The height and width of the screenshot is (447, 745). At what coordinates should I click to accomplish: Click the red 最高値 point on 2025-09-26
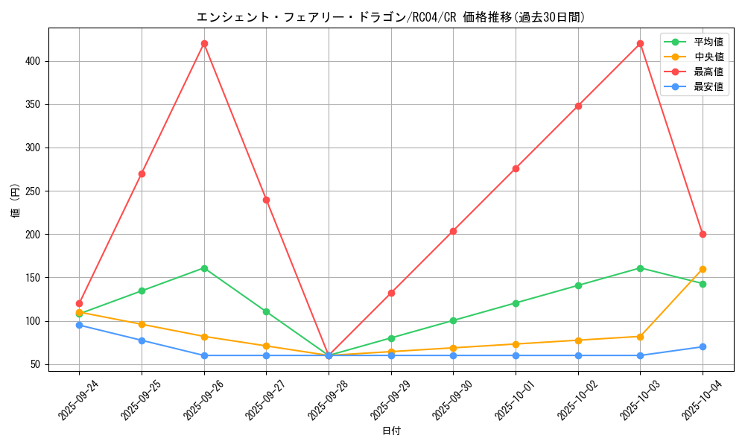204,43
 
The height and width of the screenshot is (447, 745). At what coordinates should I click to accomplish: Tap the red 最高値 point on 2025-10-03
640,43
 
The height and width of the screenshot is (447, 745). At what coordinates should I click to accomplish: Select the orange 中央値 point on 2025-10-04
703,269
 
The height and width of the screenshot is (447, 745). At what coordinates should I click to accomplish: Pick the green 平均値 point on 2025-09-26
204,268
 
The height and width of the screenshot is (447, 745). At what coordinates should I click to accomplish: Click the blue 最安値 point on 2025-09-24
79,325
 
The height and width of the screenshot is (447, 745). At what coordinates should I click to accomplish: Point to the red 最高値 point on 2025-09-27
266,200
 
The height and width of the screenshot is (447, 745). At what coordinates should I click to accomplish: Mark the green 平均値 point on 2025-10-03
640,268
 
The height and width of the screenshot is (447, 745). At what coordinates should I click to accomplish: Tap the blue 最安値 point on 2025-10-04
703,346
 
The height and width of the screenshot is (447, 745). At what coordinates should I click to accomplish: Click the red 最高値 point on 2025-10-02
578,106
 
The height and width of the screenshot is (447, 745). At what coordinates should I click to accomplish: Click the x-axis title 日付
391,431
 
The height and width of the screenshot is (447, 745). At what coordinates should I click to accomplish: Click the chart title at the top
391,17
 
